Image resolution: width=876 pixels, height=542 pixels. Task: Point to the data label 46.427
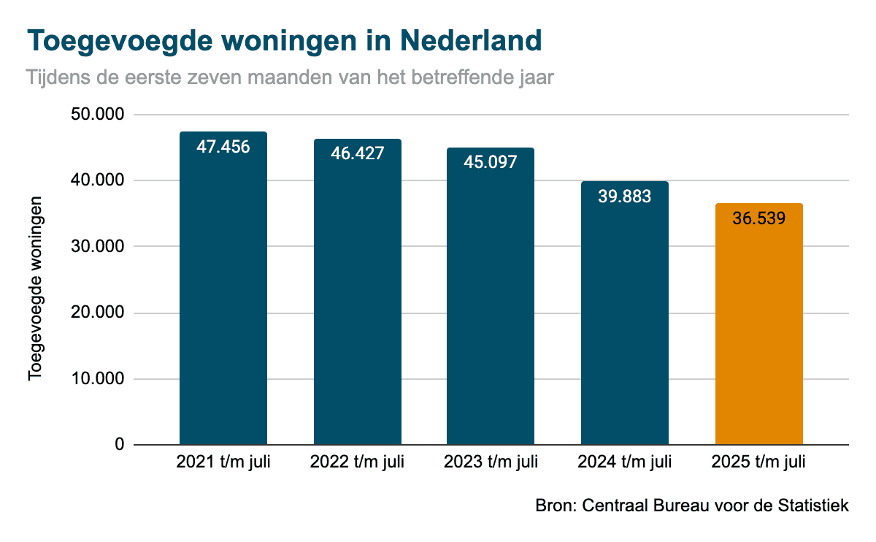pyautogui.click(x=357, y=154)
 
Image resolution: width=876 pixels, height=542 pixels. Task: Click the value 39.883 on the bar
pyautogui.click(x=624, y=196)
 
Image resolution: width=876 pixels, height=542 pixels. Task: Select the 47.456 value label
pyautogui.click(x=223, y=147)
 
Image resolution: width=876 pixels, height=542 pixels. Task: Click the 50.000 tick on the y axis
pyautogui.click(x=99, y=115)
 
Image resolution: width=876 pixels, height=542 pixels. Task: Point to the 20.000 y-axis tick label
pyautogui.click(x=99, y=313)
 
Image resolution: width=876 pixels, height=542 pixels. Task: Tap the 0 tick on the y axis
pyautogui.click(x=119, y=445)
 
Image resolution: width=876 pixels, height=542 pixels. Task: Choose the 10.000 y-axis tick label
pyautogui.click(x=99, y=379)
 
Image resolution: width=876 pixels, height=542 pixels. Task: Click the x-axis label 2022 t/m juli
pyautogui.click(x=357, y=462)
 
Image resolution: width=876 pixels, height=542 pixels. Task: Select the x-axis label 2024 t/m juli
pyautogui.click(x=624, y=462)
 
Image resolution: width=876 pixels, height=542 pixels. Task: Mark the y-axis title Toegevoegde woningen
pyautogui.click(x=35, y=287)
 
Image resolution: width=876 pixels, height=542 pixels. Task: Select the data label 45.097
pyautogui.click(x=491, y=162)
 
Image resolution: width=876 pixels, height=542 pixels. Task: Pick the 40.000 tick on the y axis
pyautogui.click(x=99, y=181)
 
